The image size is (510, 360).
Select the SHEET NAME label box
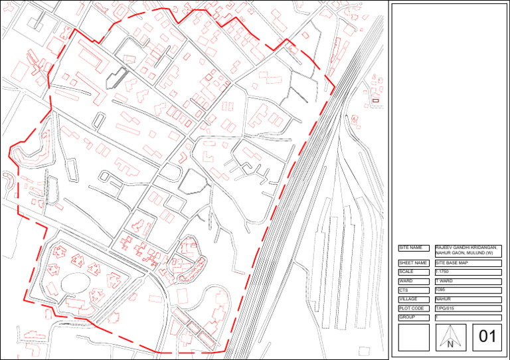coord(414,263)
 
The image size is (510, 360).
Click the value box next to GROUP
coord(467,318)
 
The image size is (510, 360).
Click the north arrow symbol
coord(450,337)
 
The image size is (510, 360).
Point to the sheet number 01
coord(487,337)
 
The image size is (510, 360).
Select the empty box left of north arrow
coord(414,337)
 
